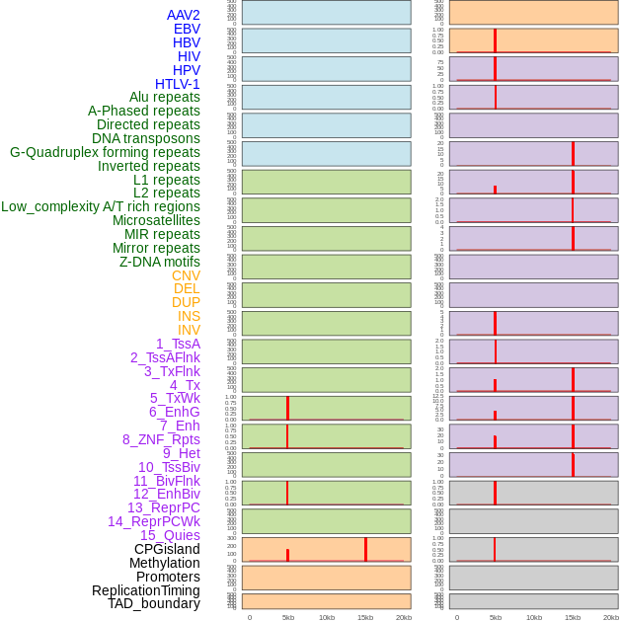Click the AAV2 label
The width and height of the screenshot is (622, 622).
click(x=183, y=15)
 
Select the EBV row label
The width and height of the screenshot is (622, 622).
click(x=186, y=29)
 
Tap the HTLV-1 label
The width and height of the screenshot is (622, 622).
click(x=177, y=84)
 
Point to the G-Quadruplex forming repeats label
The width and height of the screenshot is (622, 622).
click(x=105, y=152)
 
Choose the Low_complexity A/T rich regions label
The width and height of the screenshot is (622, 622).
click(x=100, y=206)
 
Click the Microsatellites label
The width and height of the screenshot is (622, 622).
click(x=156, y=220)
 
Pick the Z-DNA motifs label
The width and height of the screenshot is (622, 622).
click(x=159, y=262)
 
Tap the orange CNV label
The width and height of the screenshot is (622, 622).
click(x=186, y=275)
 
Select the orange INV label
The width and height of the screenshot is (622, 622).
click(x=189, y=330)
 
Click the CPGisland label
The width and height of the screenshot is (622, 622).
click(x=167, y=549)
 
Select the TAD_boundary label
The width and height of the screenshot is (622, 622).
click(x=154, y=603)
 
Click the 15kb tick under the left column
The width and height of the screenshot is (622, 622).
click(x=364, y=617)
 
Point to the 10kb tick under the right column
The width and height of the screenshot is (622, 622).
click(x=533, y=617)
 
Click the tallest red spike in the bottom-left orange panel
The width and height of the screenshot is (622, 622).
click(x=365, y=550)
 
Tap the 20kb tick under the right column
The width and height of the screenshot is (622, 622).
click(x=610, y=617)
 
